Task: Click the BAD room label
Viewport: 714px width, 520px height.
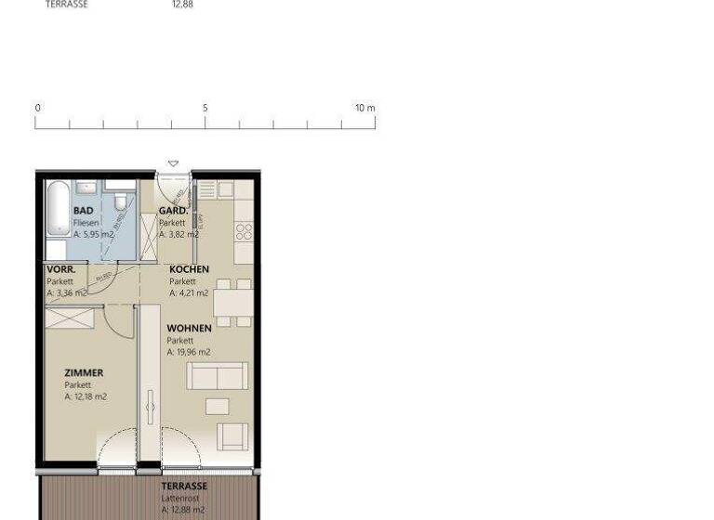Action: click(83, 211)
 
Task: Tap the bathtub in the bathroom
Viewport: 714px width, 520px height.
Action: click(57, 211)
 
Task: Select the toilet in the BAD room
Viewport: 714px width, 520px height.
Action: click(120, 201)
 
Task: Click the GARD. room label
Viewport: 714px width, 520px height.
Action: click(173, 211)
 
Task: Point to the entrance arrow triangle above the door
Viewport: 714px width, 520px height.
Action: click(173, 164)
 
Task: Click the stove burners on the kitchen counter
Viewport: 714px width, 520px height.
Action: click(244, 229)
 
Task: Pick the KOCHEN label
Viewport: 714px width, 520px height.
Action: click(189, 269)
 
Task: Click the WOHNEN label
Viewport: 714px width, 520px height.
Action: click(189, 328)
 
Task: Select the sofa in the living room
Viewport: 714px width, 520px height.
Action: click(218, 375)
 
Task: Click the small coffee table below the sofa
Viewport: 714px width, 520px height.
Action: click(218, 406)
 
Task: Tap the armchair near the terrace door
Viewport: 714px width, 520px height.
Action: click(232, 435)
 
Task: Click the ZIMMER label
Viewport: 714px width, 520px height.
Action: click(84, 373)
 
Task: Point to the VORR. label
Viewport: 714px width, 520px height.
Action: click(61, 269)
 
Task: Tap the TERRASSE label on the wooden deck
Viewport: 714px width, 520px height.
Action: click(184, 486)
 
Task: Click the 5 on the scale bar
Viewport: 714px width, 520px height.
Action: click(205, 108)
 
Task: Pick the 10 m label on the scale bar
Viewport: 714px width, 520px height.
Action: click(364, 108)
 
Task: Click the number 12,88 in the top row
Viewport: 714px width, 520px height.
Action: click(182, 5)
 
